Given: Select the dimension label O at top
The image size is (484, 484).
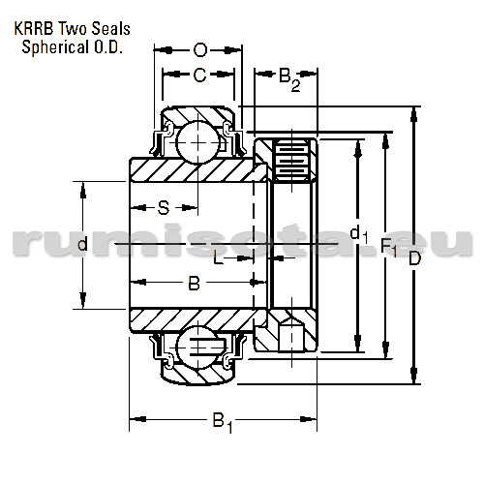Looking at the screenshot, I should coord(199,49).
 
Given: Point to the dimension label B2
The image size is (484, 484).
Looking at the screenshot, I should coord(288,78).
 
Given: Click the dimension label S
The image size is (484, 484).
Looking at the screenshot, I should coord(164,206).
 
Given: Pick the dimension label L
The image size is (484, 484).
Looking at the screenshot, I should coord(218,258).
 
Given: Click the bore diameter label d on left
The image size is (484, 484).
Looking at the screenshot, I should coord(82,245).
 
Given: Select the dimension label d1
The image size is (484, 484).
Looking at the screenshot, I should coord(358,233).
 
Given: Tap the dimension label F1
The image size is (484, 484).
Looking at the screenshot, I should coord(388,250).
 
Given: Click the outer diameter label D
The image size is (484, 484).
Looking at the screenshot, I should coord(415,259).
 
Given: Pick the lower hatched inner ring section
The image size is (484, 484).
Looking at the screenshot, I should coord(194,318).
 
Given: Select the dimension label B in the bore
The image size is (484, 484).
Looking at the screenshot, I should coord(193,284).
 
